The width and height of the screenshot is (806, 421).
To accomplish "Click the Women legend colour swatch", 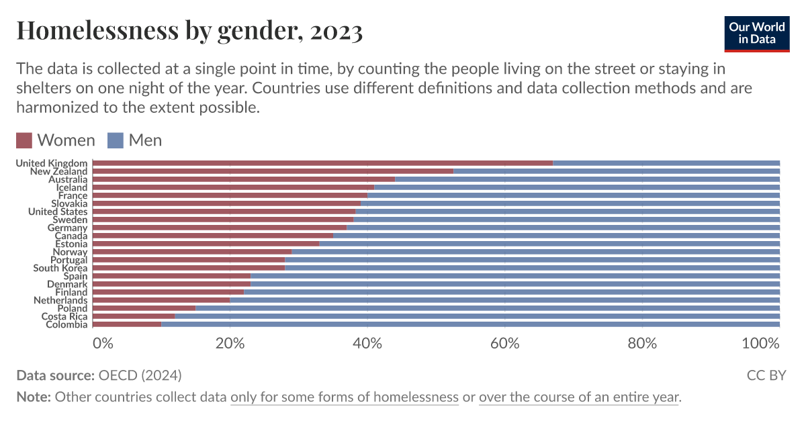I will pyautogui.click(x=24, y=140).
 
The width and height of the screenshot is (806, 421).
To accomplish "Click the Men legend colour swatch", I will pyautogui.click(x=116, y=140).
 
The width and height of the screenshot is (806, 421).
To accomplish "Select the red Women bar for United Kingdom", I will pyautogui.click(x=322, y=163).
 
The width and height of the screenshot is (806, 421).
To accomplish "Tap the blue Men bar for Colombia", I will pyautogui.click(x=470, y=324).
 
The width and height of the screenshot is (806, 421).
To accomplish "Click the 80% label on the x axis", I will pyautogui.click(x=642, y=343).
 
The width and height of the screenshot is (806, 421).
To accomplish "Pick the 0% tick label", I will pyautogui.click(x=103, y=343).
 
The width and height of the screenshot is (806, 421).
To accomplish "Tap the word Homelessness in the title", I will pyautogui.click(x=98, y=31).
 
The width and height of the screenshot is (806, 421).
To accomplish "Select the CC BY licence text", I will pyautogui.click(x=766, y=375).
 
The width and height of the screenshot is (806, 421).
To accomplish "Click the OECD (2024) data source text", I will pyautogui.click(x=140, y=375).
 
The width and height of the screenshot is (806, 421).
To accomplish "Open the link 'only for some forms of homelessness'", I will pyautogui.click(x=344, y=397).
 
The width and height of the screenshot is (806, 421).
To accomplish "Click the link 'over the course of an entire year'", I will pyautogui.click(x=579, y=397).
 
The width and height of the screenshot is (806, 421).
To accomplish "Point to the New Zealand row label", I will pyautogui.click(x=58, y=171).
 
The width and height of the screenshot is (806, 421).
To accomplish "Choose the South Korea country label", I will pyautogui.click(x=60, y=268).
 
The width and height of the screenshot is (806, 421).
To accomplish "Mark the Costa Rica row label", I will pyautogui.click(x=64, y=316).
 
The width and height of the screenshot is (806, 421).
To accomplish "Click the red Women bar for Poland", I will pyautogui.click(x=144, y=308).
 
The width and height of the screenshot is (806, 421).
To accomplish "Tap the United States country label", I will pyautogui.click(x=58, y=212).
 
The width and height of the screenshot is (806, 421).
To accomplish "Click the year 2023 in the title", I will pyautogui.click(x=337, y=31).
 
